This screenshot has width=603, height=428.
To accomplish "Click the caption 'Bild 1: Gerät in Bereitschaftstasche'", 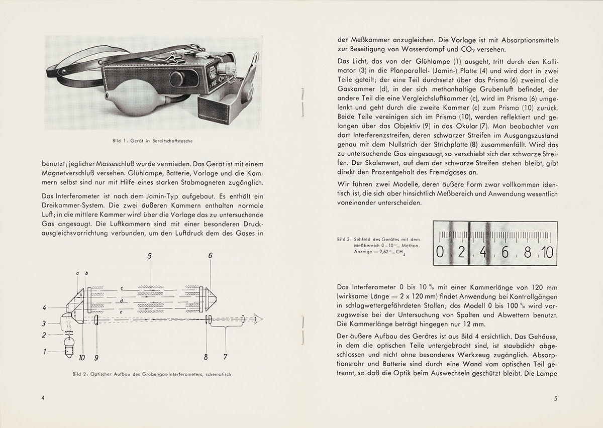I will pos(153,141).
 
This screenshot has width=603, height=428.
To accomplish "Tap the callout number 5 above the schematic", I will pos(150,256).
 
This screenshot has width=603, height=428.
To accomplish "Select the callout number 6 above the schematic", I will pos(210,256).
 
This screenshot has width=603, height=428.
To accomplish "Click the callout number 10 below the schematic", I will pos(82,358).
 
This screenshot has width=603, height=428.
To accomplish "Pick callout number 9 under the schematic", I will pos(97,358).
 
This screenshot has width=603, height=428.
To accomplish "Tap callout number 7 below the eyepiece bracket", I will pos(226,358).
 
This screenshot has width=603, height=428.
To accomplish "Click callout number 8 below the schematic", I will pos(206,358).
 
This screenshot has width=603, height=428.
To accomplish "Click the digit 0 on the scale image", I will pos(440,252).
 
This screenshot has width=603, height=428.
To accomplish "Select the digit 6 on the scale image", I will pos(505,252).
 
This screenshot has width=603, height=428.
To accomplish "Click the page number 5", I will pos(555,399).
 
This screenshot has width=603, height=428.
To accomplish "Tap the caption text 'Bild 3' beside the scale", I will pos(344,240).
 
